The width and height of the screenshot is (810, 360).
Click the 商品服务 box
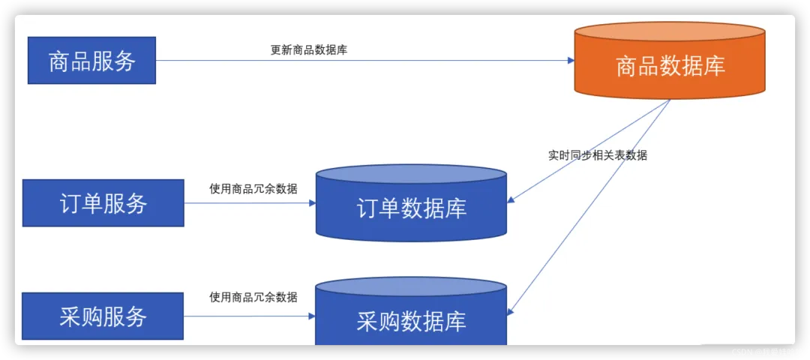[91, 60]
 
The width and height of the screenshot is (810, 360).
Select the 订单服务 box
[103, 202]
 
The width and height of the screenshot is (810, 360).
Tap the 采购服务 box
[103, 316]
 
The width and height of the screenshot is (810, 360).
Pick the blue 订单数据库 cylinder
[411, 208]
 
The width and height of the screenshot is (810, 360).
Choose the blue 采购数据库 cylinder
[411, 321]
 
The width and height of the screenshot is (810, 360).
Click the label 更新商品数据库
[308, 50]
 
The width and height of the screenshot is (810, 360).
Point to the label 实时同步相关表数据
[597, 155]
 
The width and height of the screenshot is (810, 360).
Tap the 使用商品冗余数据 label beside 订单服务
[253, 188]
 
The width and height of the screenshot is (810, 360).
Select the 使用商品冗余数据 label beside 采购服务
[253, 297]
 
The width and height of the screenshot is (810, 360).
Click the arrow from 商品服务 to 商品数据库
[360, 61]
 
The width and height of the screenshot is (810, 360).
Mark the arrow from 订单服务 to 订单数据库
[247, 202]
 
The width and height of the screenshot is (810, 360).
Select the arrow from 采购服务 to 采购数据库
[247, 316]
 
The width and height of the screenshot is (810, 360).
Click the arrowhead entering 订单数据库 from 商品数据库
[511, 199]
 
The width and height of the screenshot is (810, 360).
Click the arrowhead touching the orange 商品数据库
[569, 61]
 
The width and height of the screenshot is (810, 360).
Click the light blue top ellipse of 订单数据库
[411, 175]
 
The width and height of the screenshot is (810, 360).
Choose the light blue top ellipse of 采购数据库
[411, 286]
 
